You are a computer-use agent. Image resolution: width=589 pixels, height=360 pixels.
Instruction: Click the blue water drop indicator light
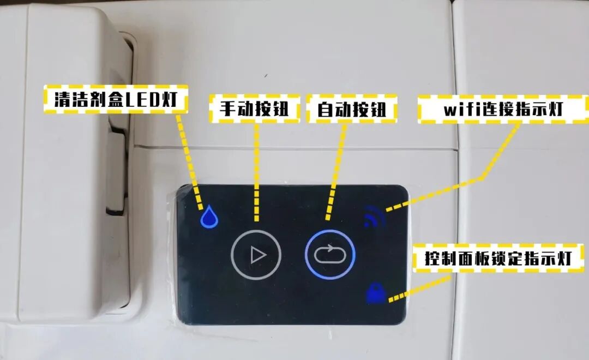pyautogui.click(x=209, y=218)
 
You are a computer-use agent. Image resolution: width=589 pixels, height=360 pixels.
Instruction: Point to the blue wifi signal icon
pyautogui.click(x=376, y=216)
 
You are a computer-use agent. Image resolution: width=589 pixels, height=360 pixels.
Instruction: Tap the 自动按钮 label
pyautogui.click(x=352, y=108)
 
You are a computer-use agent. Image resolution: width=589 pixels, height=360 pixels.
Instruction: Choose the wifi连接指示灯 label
pyautogui.click(x=503, y=109)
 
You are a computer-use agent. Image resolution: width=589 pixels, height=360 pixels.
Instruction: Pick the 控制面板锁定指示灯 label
pyautogui.click(x=498, y=259)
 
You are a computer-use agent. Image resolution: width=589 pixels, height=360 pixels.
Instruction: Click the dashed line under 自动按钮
pyautogui.click(x=337, y=169)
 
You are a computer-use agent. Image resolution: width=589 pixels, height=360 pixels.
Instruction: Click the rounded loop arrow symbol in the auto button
pyautogui.click(x=330, y=255)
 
